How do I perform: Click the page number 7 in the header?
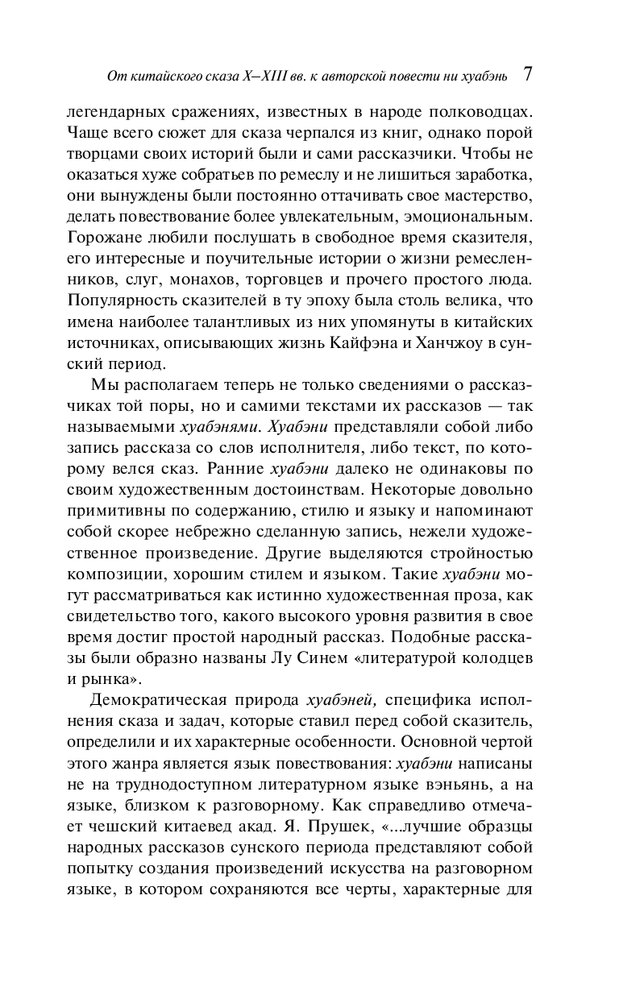coord(527,75)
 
